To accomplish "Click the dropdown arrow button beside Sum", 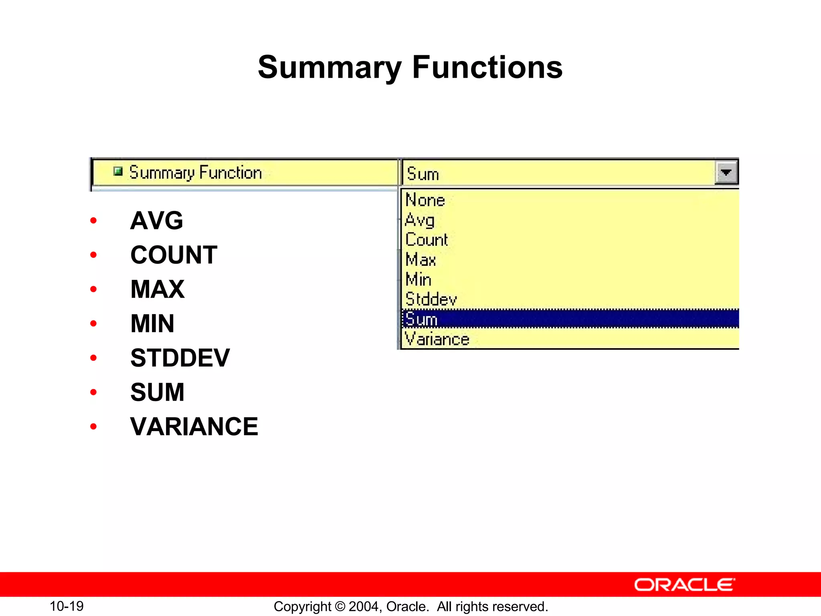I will pos(726,172).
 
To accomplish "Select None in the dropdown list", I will pos(425,200).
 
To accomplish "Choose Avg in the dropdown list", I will pos(420,220).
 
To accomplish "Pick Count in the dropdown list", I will pos(427,239).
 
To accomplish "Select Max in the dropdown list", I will pos(421,259).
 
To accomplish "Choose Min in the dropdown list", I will pos(419,280).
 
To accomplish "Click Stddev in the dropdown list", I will pos(431,299).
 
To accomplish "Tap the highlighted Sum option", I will pos(421,319).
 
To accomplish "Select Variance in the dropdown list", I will pos(437,339).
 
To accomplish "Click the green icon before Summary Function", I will pos(117,172).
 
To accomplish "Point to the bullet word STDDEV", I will pos(180,358).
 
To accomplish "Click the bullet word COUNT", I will pos(174,255).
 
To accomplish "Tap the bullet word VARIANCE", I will pos(194,426).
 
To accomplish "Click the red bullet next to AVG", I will pos(93,220).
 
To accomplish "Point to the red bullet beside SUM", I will pos(93,392).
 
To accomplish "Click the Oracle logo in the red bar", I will pos(684,585).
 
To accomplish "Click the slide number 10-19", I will pos(67,606).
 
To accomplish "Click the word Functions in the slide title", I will pos(487,67).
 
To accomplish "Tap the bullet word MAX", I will pos(158,289).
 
